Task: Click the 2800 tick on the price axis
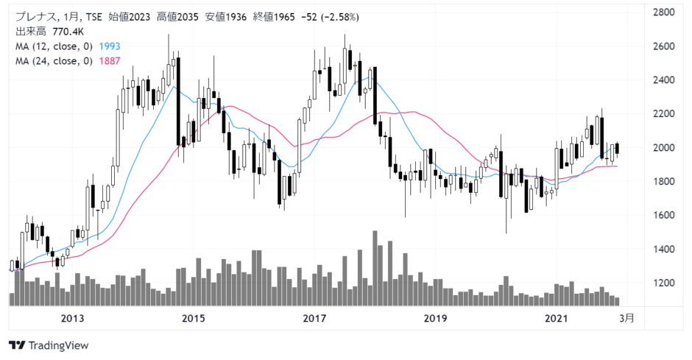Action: tap(664, 12)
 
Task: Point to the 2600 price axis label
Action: tap(664, 46)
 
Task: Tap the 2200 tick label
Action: tap(664, 114)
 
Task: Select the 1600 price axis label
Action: tap(664, 215)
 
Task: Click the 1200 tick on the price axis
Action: tap(664, 283)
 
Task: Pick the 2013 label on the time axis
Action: tap(72, 318)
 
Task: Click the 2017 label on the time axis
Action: tap(314, 318)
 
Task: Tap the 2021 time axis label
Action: tap(556, 318)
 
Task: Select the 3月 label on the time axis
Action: tap(626, 318)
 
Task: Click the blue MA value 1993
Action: tap(110, 46)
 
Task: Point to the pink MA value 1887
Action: tap(110, 61)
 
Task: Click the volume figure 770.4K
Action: tap(68, 32)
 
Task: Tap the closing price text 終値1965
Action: tap(274, 17)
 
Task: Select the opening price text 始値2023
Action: tap(130, 17)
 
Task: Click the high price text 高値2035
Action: tap(178, 17)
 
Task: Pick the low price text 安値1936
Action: tap(226, 17)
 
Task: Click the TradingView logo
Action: tap(49, 345)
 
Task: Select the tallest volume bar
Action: tap(375, 268)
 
